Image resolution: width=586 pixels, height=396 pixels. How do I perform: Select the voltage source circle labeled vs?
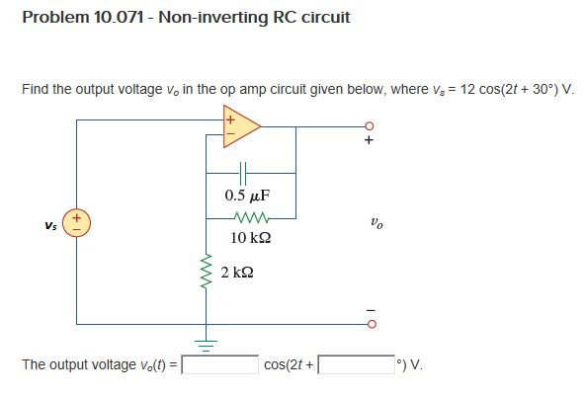76,223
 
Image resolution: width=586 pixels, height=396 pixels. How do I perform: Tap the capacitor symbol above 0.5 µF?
243,174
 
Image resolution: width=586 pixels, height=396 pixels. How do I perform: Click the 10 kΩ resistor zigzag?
251,218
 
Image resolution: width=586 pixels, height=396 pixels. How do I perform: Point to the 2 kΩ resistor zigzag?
207,272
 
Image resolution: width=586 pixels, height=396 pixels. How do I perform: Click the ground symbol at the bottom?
206,346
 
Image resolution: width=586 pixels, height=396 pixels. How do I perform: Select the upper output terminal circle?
370,125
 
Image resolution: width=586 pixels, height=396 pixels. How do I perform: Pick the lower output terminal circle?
372,324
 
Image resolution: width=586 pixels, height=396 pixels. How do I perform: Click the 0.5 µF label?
247,196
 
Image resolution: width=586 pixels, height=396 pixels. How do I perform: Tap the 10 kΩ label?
250,238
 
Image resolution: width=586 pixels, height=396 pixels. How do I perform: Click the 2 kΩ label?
237,273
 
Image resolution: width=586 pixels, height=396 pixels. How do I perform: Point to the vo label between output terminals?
377,223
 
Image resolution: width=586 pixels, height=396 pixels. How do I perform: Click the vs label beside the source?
50,225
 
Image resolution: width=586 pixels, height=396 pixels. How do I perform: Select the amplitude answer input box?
219,364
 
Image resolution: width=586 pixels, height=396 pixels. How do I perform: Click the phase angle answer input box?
357,364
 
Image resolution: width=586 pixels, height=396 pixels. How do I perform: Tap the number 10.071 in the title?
119,17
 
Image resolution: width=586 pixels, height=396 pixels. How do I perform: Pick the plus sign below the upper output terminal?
369,140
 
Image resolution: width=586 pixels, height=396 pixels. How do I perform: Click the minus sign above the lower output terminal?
370,310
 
